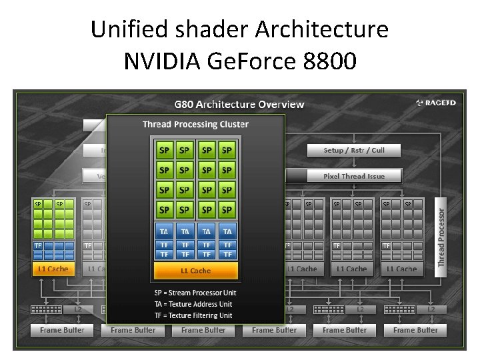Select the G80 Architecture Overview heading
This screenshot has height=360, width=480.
[x=239, y=104]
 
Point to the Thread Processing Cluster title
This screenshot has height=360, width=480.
[x=195, y=124]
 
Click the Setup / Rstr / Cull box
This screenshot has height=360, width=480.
[x=354, y=150]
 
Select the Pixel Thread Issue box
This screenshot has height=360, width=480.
[x=354, y=176]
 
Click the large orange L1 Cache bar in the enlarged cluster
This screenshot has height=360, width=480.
[x=196, y=271]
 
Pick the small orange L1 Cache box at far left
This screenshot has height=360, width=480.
[x=53, y=269]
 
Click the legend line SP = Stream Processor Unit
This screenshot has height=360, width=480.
[x=195, y=293]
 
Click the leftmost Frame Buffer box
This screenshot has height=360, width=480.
[x=62, y=330]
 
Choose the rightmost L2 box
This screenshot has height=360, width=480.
[x=431, y=309]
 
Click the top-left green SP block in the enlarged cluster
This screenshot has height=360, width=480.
[x=164, y=151]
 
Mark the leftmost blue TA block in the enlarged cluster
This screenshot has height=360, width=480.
[x=164, y=231]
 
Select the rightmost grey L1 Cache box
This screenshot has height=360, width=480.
[x=402, y=269]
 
